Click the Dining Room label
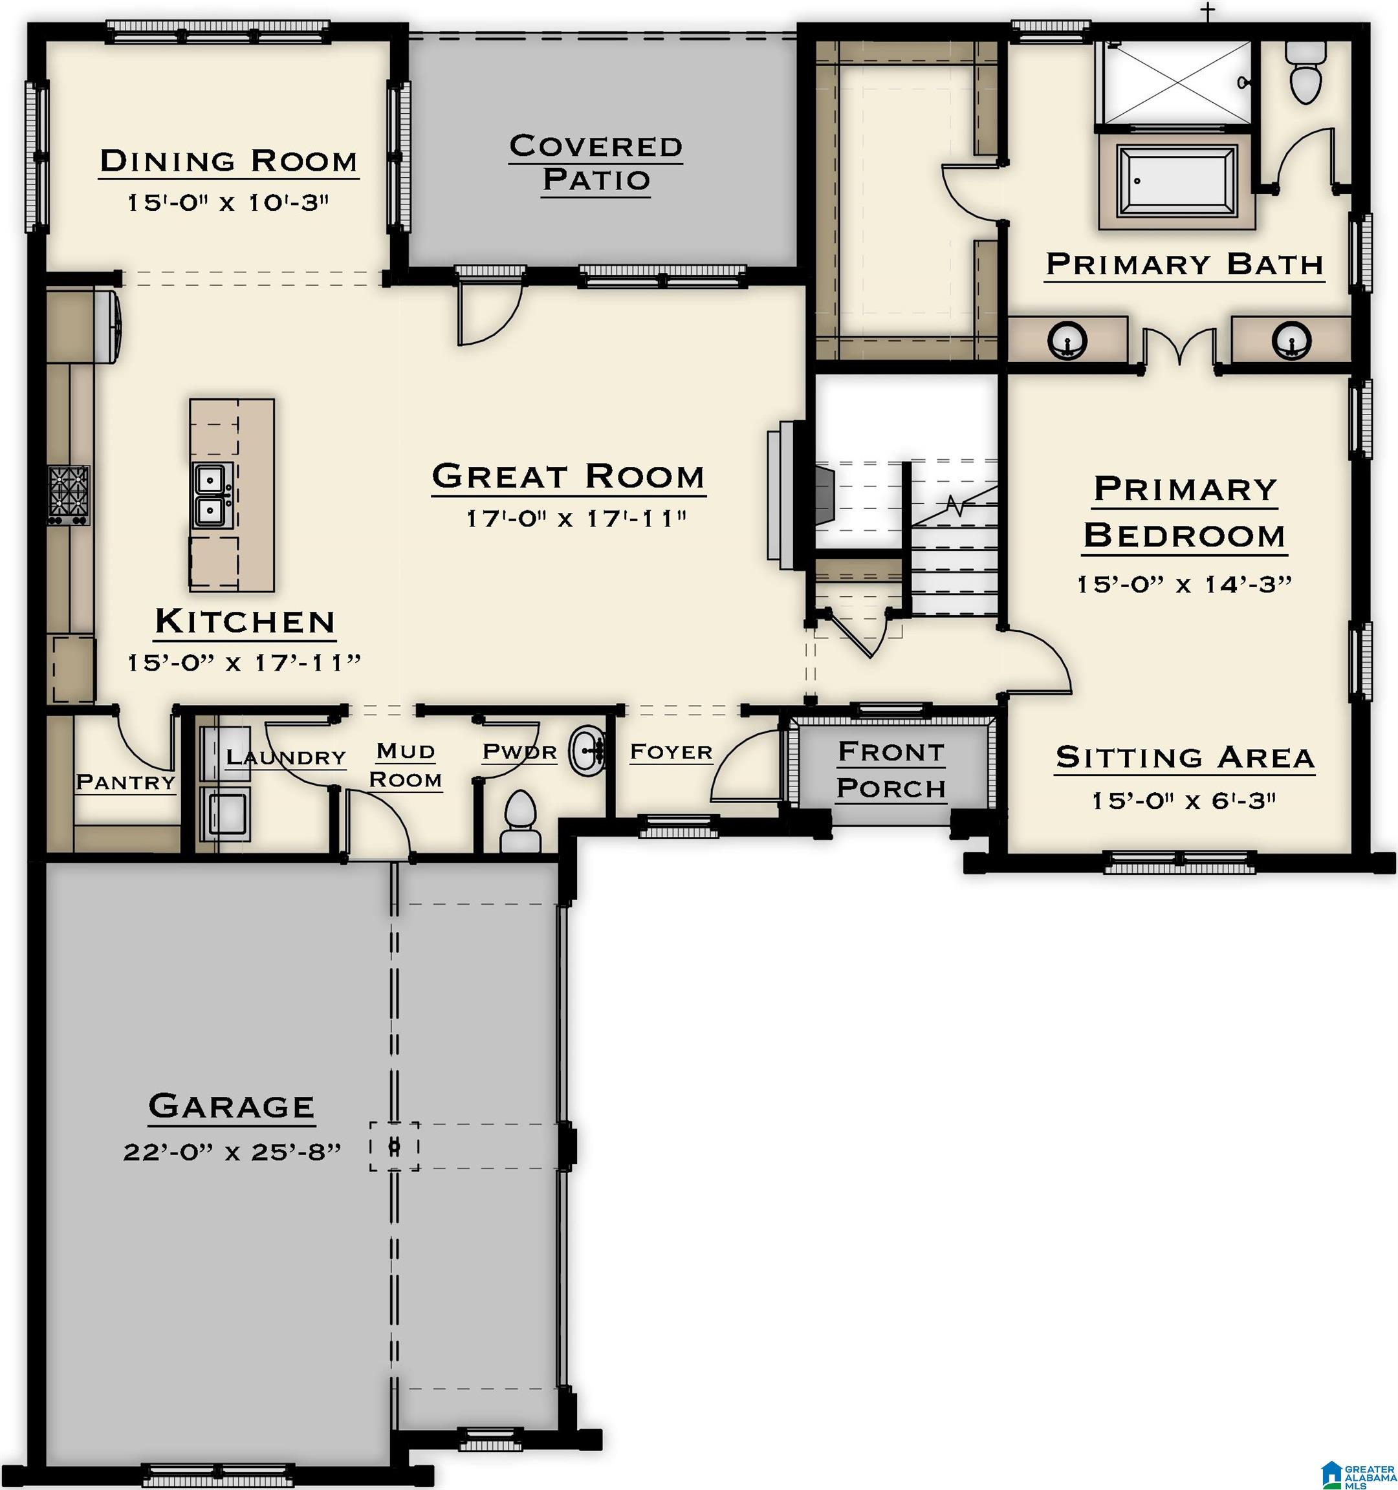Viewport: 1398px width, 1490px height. pos(228,161)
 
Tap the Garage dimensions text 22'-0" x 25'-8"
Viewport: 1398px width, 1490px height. pos(232,1152)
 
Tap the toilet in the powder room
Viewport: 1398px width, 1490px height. pos(520,822)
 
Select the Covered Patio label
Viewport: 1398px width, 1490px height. pos(596,162)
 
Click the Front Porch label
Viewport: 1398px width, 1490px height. pos(891,770)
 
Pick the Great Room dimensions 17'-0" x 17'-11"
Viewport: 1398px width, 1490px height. pos(576,518)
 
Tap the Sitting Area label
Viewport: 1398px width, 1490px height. pos(1185,758)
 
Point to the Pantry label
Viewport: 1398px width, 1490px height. pos(126,783)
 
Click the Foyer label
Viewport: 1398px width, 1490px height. pos(671,751)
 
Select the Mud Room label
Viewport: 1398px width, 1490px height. pos(406,765)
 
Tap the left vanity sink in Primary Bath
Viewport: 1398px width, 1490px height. pos(1067,340)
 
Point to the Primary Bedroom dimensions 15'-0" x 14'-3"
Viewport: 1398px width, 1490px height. pos(1185,585)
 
